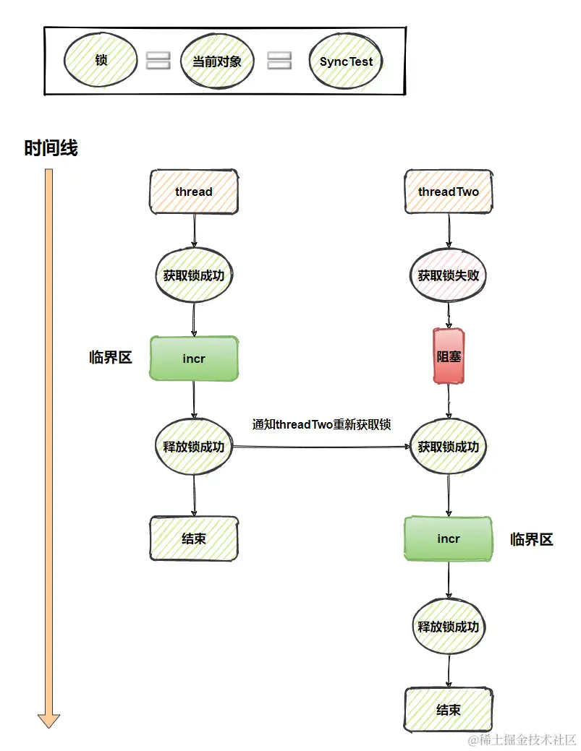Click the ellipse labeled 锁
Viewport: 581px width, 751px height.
click(101, 61)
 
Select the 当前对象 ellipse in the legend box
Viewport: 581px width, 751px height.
click(217, 61)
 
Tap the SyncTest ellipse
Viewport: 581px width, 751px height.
click(346, 61)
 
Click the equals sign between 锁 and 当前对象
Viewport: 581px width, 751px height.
click(158, 61)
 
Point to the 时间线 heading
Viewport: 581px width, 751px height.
click(51, 149)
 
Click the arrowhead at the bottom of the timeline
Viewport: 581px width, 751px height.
click(48, 719)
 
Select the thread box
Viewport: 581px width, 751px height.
click(194, 192)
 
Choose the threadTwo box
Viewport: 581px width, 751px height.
click(448, 192)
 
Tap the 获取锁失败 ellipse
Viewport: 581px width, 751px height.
click(448, 275)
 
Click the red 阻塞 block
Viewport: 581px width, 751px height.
click(449, 356)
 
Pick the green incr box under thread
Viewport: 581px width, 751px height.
click(194, 358)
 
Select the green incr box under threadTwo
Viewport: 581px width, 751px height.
click(449, 539)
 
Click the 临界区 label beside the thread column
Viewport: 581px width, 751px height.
click(111, 357)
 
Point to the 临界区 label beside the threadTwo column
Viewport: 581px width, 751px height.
click(532, 539)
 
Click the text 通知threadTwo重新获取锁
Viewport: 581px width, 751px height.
click(321, 424)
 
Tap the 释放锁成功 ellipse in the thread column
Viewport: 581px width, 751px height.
click(194, 447)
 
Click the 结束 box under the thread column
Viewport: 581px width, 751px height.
click(194, 538)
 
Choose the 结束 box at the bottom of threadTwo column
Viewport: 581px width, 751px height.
click(449, 710)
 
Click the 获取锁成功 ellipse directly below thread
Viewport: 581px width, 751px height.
click(194, 275)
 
